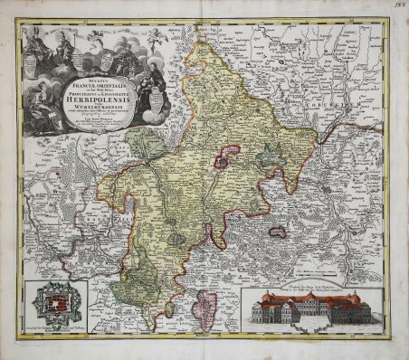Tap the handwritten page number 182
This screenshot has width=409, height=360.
pos(397,7)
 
